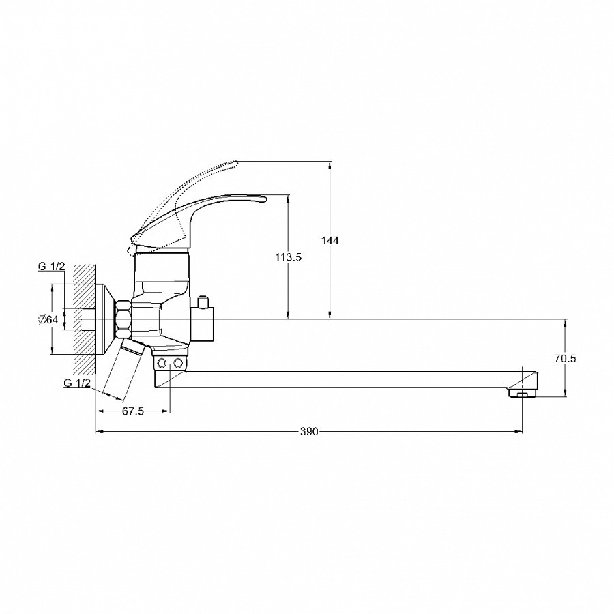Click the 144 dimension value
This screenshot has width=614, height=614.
point(330,240)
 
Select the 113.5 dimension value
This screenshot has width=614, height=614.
point(288,257)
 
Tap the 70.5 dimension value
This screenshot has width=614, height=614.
point(565,358)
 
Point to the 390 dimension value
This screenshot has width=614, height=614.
point(309,432)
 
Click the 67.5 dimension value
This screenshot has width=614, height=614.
point(134,411)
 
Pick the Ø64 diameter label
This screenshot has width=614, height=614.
point(48,319)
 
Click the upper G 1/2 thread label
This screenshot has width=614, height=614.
point(51,267)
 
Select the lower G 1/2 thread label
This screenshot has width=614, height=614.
point(76,383)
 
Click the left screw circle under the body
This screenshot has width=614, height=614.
point(161,364)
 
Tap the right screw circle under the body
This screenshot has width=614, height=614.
point(178,364)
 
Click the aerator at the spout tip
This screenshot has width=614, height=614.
point(522,393)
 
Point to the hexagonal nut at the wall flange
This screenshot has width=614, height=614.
point(123,319)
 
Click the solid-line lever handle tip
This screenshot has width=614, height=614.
point(263,199)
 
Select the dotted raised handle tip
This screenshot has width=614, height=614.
point(234,163)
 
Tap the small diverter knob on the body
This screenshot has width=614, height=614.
point(203,302)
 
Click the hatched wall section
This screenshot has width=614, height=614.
point(85,319)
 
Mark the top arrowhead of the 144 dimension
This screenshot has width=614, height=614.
point(330,165)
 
